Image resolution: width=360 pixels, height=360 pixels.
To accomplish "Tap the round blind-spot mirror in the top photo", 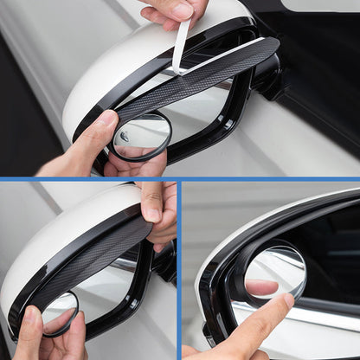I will [x=141, y=137].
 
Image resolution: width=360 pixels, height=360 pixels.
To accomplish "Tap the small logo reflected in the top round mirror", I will [x=125, y=136].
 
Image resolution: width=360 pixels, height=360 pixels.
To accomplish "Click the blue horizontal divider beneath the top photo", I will [x=180, y=179].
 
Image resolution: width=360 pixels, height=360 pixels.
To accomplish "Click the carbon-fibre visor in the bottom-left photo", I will [x=95, y=260].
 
